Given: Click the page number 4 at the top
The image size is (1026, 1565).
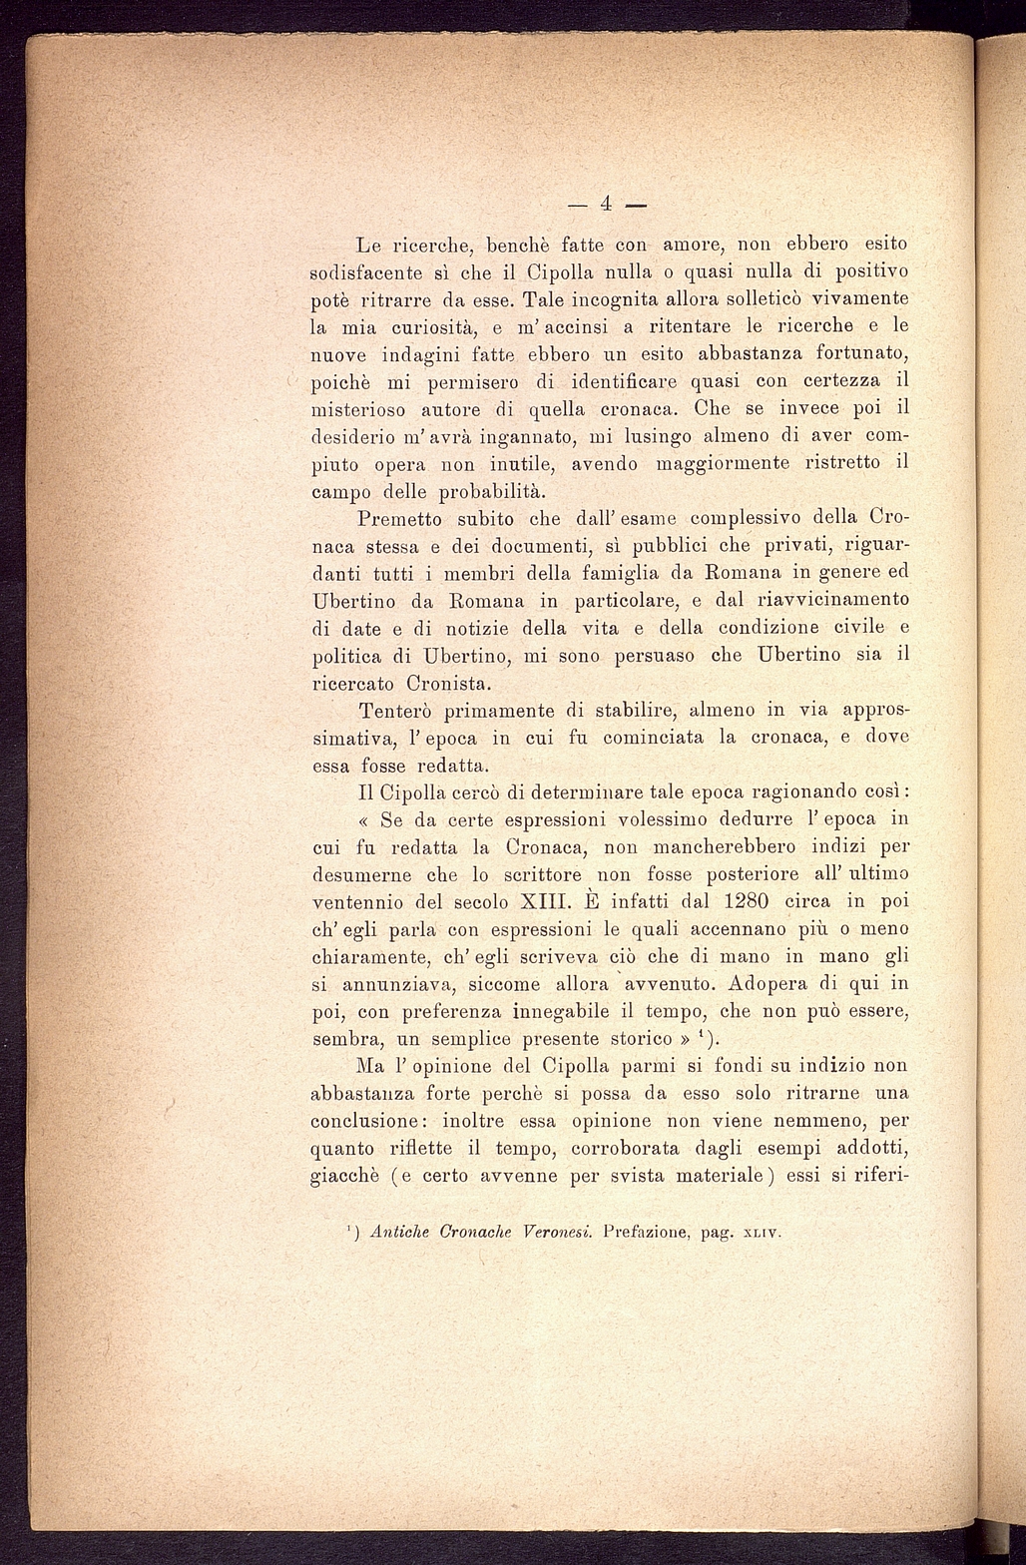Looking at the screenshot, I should pyautogui.click(x=606, y=205).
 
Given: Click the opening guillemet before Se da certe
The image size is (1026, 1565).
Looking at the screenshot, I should pyautogui.click(x=363, y=820).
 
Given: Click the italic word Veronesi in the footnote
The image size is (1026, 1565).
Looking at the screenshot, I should pyautogui.click(x=556, y=1232).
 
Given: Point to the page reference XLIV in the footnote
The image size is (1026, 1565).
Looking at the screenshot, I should pyautogui.click(x=762, y=1233).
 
